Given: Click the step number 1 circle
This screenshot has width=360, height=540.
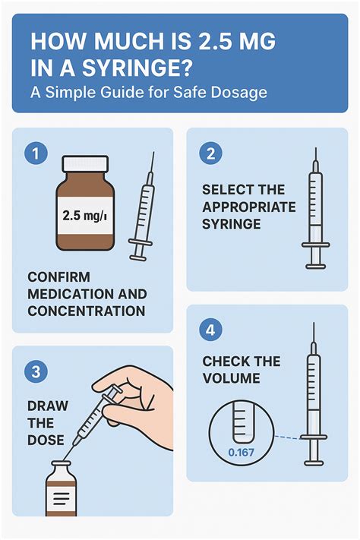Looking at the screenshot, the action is tap(36, 153).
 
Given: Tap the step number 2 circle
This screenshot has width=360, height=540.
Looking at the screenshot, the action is tap(210, 153).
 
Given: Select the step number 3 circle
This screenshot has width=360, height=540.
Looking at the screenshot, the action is tap(36, 371).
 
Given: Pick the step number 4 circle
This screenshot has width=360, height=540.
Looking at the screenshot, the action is tap(210, 330).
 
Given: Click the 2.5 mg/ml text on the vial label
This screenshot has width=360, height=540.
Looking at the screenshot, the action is tap(84, 216).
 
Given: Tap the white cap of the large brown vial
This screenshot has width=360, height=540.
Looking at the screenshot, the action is tap(85, 163).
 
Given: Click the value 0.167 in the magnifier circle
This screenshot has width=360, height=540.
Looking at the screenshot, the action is tap(242, 452).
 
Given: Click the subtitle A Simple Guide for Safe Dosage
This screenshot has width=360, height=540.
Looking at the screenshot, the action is tap(149, 93).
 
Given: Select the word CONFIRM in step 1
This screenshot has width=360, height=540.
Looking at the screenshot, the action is tap(59, 277).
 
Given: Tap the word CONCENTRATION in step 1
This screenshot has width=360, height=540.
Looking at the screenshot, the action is tap(87, 311).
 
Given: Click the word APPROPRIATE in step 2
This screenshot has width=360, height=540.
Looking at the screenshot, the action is tap(248, 207).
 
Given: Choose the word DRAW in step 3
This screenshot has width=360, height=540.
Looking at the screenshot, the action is tap(48, 406).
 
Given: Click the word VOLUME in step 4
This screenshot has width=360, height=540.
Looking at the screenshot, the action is tap(231, 378).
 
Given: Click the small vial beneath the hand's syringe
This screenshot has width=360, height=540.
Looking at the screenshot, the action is tap(62, 488).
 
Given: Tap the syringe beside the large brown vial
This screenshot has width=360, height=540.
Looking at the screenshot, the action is tap(142, 206).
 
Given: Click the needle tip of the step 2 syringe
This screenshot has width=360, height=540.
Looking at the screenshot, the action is tap(315, 148).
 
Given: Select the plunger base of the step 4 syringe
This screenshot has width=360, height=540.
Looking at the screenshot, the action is tap(314, 463).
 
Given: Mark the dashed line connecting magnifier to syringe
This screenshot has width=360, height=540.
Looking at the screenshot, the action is tap(287, 437).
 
